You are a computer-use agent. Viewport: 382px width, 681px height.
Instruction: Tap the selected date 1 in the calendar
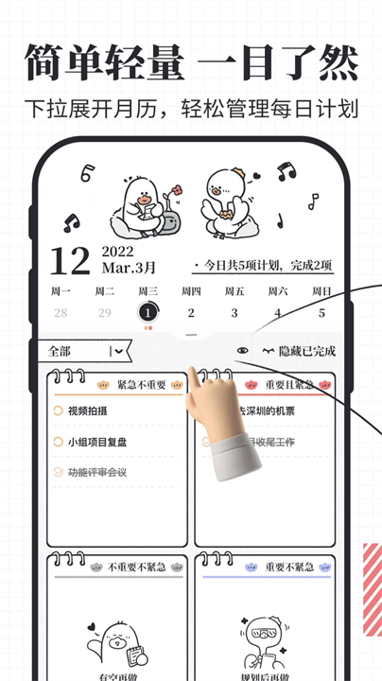tap(148, 312)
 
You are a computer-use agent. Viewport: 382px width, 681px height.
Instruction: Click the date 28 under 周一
tap(61, 313)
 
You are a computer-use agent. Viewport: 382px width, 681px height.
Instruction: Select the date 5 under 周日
tap(321, 313)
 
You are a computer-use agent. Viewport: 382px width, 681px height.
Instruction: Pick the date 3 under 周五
tap(234, 313)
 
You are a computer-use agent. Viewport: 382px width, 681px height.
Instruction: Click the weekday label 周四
tap(191, 290)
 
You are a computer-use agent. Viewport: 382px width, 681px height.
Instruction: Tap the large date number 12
tap(70, 261)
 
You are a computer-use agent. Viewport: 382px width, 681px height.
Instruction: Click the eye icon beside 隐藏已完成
tap(243, 352)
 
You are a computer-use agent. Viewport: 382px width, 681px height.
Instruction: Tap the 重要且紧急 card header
tap(288, 385)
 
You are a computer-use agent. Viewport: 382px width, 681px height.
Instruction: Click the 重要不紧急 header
tap(288, 567)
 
